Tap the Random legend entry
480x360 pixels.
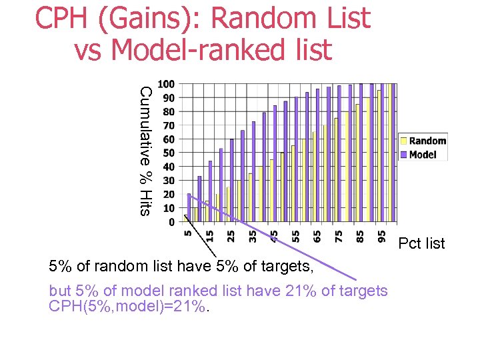tap(427, 141)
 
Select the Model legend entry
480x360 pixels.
tap(423, 154)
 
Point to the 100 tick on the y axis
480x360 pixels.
tap(166, 84)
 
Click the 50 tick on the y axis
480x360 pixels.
tap(168, 153)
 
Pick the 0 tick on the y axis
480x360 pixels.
tap(171, 221)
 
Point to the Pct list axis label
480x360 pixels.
tap(421, 243)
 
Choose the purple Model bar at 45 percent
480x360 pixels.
tap(275, 163)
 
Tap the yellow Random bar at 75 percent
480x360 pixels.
tap(335, 169)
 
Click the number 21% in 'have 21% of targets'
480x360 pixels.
tap(308, 291)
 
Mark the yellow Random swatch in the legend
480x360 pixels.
tap(403, 141)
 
